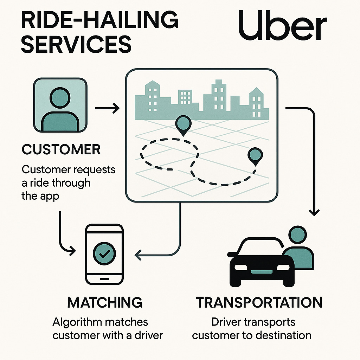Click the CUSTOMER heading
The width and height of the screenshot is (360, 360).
[x=61, y=149]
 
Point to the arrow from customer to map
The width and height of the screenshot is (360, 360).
[x=107, y=108]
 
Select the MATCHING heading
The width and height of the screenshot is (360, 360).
[x=105, y=302]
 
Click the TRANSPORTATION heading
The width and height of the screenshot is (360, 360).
[x=259, y=303]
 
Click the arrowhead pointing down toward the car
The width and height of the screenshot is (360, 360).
[x=314, y=212]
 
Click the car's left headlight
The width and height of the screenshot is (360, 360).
[x=241, y=267]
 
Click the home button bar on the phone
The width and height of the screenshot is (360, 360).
[x=104, y=278]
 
